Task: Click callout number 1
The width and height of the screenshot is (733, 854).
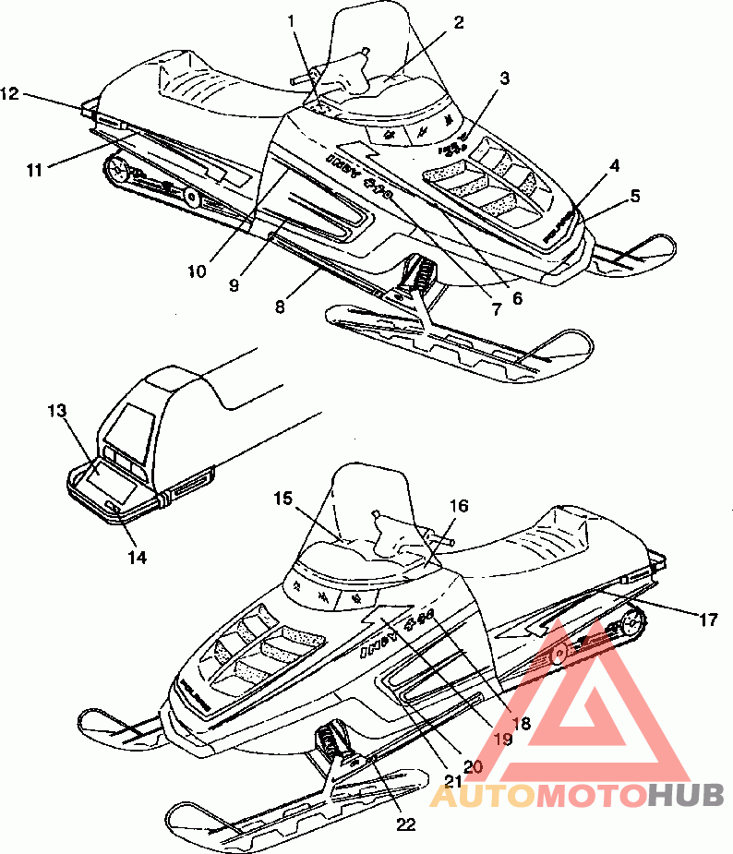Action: pos(293,20)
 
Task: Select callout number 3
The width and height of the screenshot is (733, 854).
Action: pos(505,79)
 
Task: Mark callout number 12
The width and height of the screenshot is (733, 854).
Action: pos(10,92)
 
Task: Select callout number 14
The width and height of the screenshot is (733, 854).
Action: pos(138,558)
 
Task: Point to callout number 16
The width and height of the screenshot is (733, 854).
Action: pos(459,506)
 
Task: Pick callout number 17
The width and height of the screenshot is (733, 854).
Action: pos(708,620)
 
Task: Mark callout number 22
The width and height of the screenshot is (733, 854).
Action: pos(405,824)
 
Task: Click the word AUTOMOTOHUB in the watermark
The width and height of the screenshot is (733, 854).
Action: pos(579,793)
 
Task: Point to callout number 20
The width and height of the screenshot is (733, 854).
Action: pos(473,764)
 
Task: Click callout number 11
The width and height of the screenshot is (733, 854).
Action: pos(34,169)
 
